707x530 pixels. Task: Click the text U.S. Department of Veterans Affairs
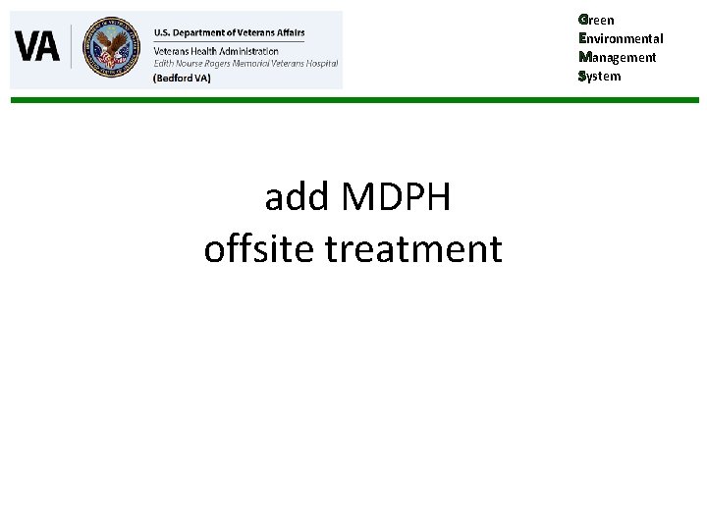229,32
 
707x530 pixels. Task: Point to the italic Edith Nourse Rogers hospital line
245,62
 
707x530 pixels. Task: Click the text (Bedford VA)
182,78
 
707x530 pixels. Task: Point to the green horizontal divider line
353,100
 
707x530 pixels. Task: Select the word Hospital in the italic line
319,62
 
